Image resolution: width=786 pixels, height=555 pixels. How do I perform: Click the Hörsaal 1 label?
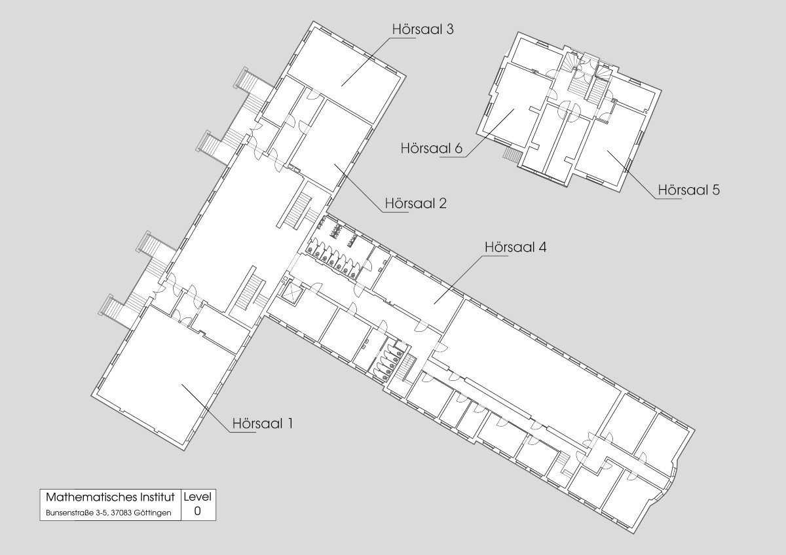tap(263, 423)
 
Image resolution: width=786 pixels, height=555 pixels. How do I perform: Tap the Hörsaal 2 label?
tap(416, 204)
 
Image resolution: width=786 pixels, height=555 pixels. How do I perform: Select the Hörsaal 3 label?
tap(423, 29)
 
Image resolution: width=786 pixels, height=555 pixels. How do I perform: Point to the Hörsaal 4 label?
tap(515, 247)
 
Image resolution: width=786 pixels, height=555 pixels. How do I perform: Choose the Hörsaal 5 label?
tap(689, 190)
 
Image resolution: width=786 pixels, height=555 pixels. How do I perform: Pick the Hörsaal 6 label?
tap(432, 149)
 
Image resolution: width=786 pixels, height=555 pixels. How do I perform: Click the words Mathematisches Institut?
tap(110, 497)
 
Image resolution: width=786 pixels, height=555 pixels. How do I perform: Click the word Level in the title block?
tap(198, 497)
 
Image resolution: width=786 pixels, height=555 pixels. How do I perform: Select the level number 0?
tap(198, 511)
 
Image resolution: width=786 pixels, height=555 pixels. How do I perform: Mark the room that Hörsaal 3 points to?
tap(344, 73)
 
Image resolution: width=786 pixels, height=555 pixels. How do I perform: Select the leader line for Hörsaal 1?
tap(206, 408)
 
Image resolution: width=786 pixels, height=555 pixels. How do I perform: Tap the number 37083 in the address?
tap(121, 513)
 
